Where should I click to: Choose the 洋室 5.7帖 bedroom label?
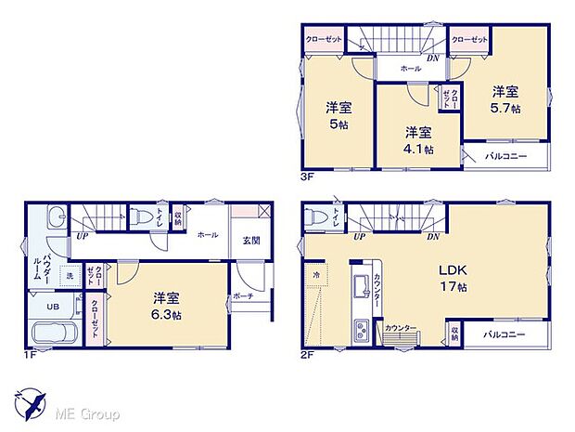505,99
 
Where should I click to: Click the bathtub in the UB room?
56,333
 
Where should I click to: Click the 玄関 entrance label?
251,241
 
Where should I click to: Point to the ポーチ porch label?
243,296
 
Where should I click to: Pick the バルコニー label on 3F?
505,156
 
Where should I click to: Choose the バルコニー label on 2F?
505,334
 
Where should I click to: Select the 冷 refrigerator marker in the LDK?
315,276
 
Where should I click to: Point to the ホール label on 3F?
410,68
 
